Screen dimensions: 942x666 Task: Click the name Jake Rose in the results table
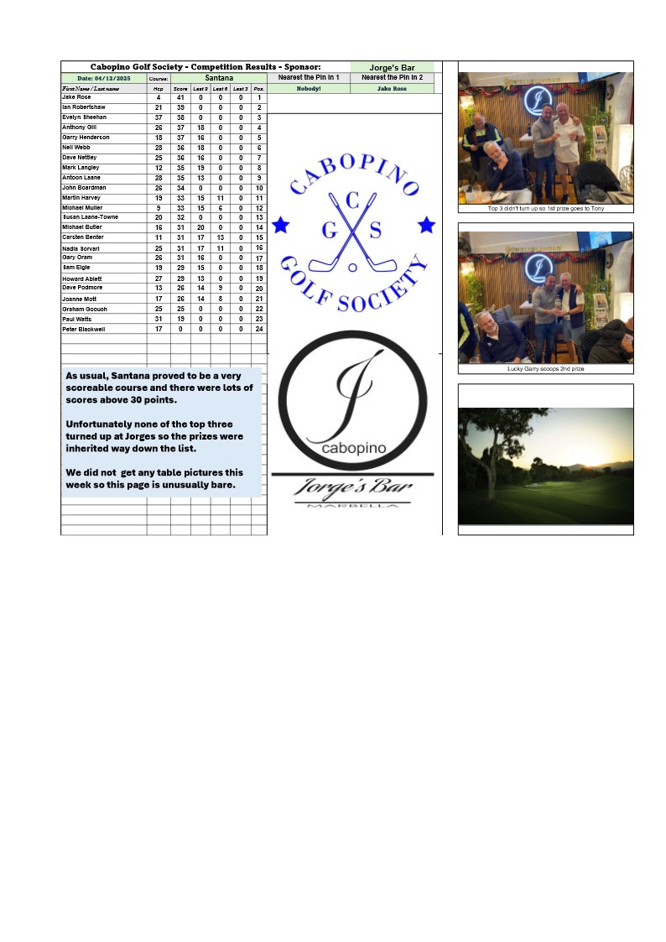76,97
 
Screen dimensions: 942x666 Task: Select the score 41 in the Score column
180,98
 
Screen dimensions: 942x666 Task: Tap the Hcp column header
159,88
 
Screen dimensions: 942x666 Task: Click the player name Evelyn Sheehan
84,117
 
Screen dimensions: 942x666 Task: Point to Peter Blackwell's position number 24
259,330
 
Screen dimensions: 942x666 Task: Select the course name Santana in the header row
219,78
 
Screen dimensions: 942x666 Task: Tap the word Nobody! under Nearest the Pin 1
309,88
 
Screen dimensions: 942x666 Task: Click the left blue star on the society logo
281,225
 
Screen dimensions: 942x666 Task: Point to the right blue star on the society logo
427,224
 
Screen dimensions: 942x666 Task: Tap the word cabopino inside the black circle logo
353,448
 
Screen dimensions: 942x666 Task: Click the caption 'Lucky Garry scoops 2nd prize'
545,369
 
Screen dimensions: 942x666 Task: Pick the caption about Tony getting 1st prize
545,208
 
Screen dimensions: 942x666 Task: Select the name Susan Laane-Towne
90,217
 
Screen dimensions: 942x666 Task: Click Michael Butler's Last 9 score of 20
200,227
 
